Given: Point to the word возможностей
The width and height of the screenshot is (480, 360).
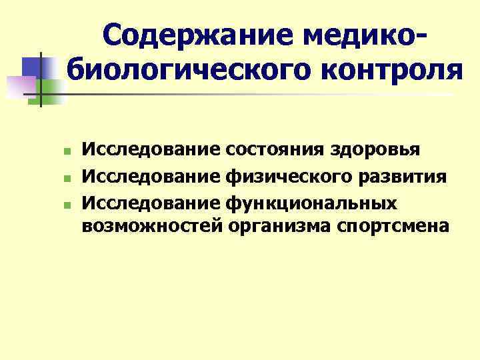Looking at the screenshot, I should pos(150,227).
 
